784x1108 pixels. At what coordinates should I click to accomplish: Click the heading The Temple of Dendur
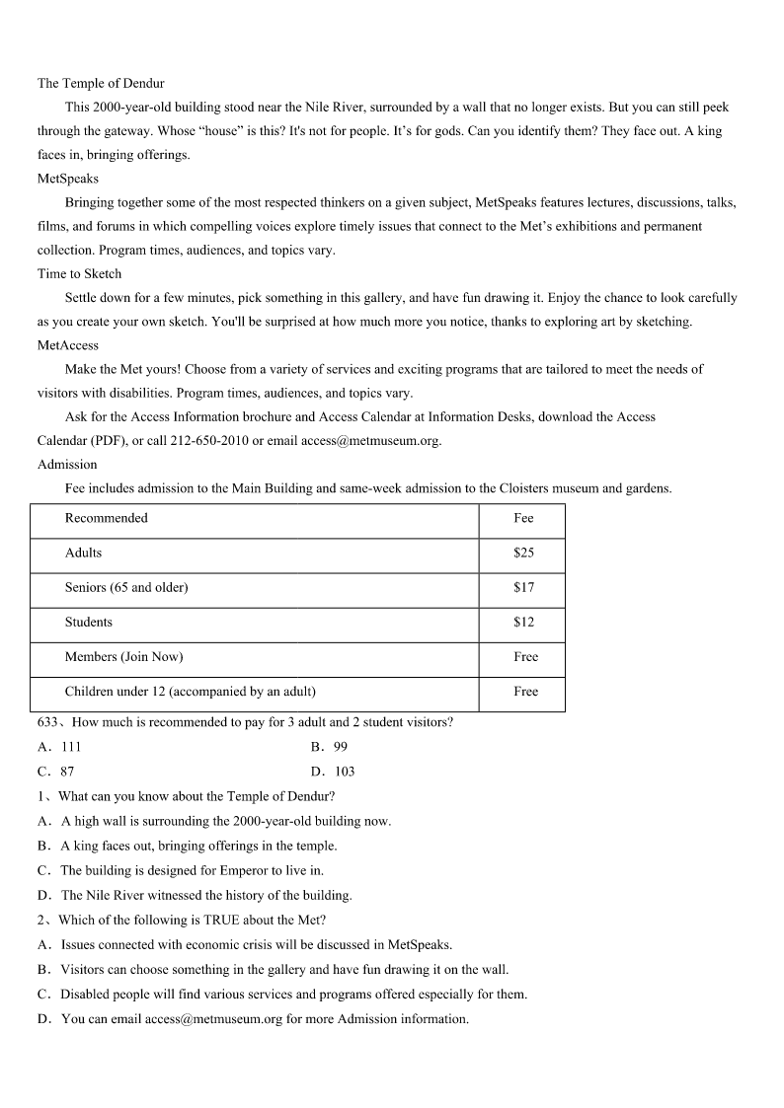pyautogui.click(x=101, y=83)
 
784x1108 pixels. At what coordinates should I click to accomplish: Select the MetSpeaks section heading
pyautogui.click(x=68, y=179)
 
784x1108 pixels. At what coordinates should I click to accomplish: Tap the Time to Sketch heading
pyautogui.click(x=80, y=273)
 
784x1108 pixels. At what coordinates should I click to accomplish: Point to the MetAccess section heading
pyautogui.click(x=68, y=345)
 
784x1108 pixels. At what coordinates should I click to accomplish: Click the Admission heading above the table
pyautogui.click(x=67, y=464)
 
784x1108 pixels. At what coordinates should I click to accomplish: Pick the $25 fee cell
pyautogui.click(x=523, y=553)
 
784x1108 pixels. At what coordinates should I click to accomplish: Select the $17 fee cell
pyautogui.click(x=523, y=587)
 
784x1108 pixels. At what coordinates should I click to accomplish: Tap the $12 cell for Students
pyautogui.click(x=523, y=622)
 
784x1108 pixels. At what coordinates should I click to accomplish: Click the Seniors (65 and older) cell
pyautogui.click(x=126, y=587)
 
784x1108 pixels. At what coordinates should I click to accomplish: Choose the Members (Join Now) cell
pyautogui.click(x=123, y=656)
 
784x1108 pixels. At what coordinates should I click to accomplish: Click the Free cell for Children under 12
pyautogui.click(x=525, y=691)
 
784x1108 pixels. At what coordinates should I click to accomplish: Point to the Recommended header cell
pyautogui.click(x=106, y=518)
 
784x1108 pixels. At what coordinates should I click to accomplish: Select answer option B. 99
pyautogui.click(x=329, y=747)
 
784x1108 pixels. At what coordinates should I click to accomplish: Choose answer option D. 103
pyautogui.click(x=333, y=772)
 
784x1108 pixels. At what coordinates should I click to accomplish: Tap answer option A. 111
pyautogui.click(x=60, y=747)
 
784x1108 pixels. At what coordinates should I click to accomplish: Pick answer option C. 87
pyautogui.click(x=56, y=772)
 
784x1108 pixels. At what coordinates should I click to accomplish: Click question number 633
pyautogui.click(x=49, y=722)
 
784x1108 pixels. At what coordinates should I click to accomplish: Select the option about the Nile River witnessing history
pyautogui.click(x=205, y=895)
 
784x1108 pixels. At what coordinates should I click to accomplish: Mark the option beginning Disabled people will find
pyautogui.click(x=293, y=994)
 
